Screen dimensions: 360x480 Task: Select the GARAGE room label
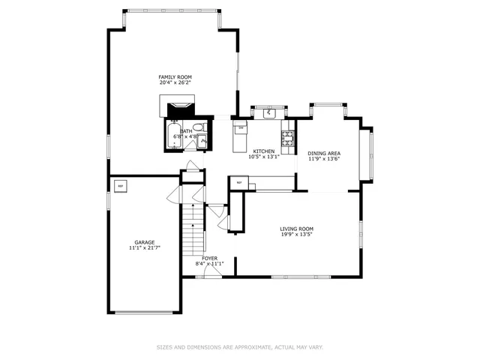coord(145,242)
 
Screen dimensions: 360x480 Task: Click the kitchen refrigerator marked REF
coord(239,182)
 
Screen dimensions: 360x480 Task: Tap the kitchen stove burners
coord(286,137)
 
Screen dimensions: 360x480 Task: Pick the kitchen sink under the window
coord(268,115)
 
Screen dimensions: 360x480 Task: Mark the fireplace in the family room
coord(179,111)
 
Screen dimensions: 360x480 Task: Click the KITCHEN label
coord(263,151)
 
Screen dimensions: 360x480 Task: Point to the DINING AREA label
coord(324,152)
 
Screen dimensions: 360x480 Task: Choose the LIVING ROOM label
coord(296,229)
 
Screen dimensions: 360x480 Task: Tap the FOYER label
coord(209,258)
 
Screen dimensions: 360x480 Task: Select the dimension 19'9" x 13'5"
coord(296,235)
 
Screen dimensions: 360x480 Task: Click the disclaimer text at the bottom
coord(239,347)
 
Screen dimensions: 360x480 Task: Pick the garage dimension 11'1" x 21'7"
coord(145,247)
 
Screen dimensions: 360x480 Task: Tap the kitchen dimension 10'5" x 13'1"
coord(263,157)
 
